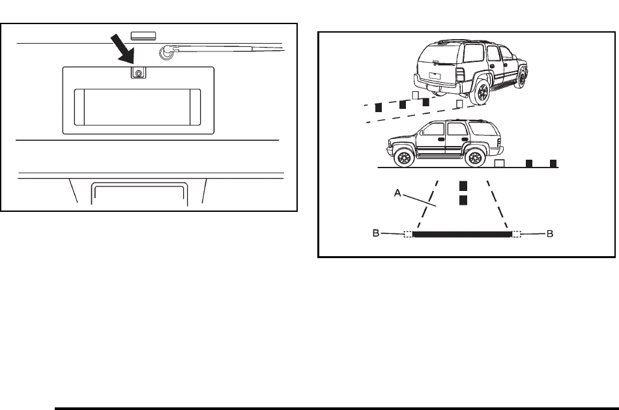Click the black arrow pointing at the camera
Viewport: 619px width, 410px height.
(122, 49)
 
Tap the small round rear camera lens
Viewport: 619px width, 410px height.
(139, 74)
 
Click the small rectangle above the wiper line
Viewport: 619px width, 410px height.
(143, 36)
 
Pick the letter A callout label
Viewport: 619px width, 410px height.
(397, 193)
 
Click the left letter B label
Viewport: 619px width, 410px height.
(376, 233)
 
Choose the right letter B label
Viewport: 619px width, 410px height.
(549, 234)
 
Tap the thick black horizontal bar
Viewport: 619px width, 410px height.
(462, 234)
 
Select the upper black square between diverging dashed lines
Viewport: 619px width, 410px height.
(463, 186)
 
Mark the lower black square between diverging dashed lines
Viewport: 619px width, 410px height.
(463, 200)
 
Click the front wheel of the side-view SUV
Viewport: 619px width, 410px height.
(403, 158)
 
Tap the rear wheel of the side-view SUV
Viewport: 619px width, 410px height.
(474, 158)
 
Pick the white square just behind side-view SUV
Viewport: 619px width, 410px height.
(499, 163)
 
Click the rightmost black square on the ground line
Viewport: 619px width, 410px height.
(553, 164)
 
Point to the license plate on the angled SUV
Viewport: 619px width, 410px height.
(435, 76)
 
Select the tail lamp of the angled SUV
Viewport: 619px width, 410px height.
(460, 74)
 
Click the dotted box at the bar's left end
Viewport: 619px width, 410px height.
(408, 234)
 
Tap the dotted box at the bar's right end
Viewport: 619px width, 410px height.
(516, 234)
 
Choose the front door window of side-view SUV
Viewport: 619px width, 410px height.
(433, 129)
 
